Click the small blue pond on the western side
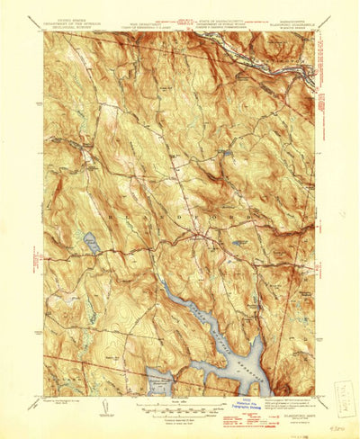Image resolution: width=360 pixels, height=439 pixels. click(x=91, y=240)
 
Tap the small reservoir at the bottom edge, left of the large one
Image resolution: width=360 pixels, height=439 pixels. click(x=160, y=375)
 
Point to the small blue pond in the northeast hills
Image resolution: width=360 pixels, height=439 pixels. click(x=225, y=154)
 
